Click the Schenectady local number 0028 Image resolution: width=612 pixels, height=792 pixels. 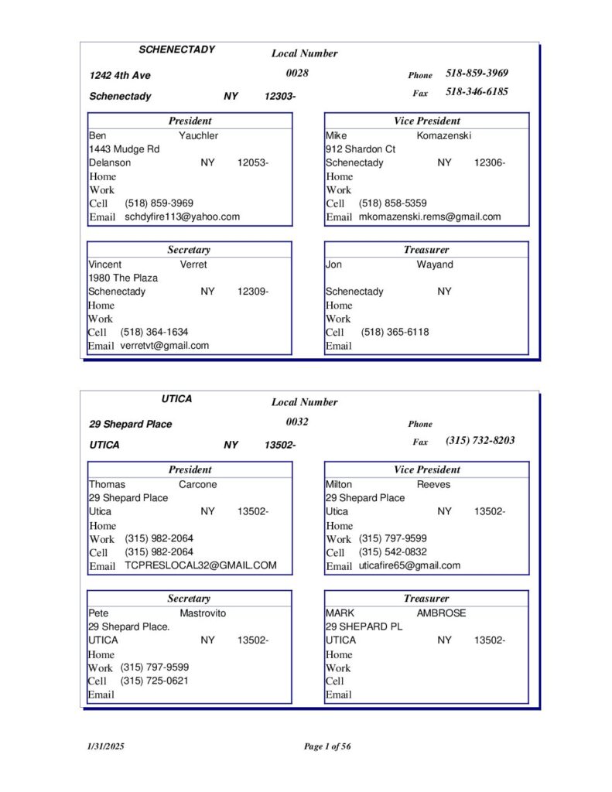297,73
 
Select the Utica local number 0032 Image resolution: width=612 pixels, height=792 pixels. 297,422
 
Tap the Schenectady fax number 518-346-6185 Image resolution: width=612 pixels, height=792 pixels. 477,91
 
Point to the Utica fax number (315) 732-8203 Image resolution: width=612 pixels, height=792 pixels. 480,440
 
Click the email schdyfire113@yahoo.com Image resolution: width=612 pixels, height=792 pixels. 182,217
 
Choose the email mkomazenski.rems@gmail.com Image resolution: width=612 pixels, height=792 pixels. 429,217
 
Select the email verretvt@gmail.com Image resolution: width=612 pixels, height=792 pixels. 164,345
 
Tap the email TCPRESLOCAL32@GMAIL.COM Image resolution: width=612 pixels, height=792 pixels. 200,565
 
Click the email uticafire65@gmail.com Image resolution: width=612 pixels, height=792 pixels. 409,565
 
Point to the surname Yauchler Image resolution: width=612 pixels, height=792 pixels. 199,135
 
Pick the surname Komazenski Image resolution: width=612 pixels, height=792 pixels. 444,135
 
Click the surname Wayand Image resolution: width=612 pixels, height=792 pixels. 435,265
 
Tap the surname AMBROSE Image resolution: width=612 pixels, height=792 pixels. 441,613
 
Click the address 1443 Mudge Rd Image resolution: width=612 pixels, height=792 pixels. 124,148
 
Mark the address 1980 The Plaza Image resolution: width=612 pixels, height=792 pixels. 123,278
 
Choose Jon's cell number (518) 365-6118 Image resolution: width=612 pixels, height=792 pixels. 395,332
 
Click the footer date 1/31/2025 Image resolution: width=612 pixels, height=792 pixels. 104,746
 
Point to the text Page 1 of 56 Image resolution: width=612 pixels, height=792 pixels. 327,746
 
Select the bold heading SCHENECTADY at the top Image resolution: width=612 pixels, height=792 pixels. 176,49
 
